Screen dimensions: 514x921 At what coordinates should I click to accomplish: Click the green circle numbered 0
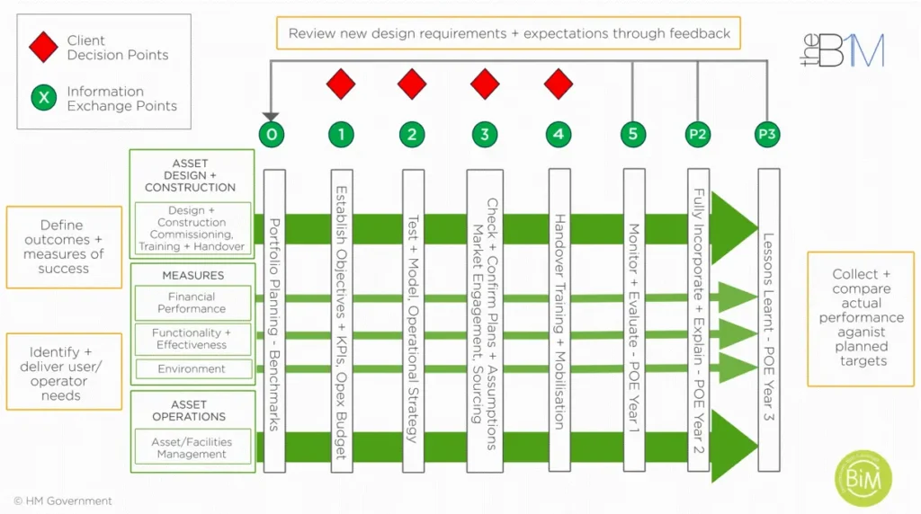272,135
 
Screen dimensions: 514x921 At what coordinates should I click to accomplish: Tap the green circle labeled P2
698,135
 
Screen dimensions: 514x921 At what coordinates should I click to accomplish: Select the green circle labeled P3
767,135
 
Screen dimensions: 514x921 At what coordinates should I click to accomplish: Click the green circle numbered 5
633,135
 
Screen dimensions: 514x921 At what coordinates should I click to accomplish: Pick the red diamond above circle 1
341,84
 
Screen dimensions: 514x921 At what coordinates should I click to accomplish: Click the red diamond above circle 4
559,84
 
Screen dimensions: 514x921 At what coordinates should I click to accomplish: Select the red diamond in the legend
43,48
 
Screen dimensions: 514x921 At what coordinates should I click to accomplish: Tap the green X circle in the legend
43,98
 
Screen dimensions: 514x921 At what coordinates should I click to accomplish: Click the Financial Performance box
192,303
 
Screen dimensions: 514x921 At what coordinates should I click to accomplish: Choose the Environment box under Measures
192,368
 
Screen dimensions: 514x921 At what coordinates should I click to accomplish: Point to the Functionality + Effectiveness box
192,339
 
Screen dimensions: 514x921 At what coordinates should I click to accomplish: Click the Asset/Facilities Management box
192,448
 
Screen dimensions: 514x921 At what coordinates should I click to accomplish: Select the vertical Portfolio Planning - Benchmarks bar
274,319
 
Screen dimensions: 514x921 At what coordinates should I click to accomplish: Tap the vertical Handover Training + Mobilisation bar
559,319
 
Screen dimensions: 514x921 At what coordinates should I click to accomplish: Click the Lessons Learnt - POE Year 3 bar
768,319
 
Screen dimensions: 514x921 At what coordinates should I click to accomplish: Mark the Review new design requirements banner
508,33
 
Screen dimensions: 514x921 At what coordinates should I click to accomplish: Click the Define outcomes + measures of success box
64,247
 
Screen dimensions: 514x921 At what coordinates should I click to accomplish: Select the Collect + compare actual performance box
860,318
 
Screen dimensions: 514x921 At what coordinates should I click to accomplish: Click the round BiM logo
863,477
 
